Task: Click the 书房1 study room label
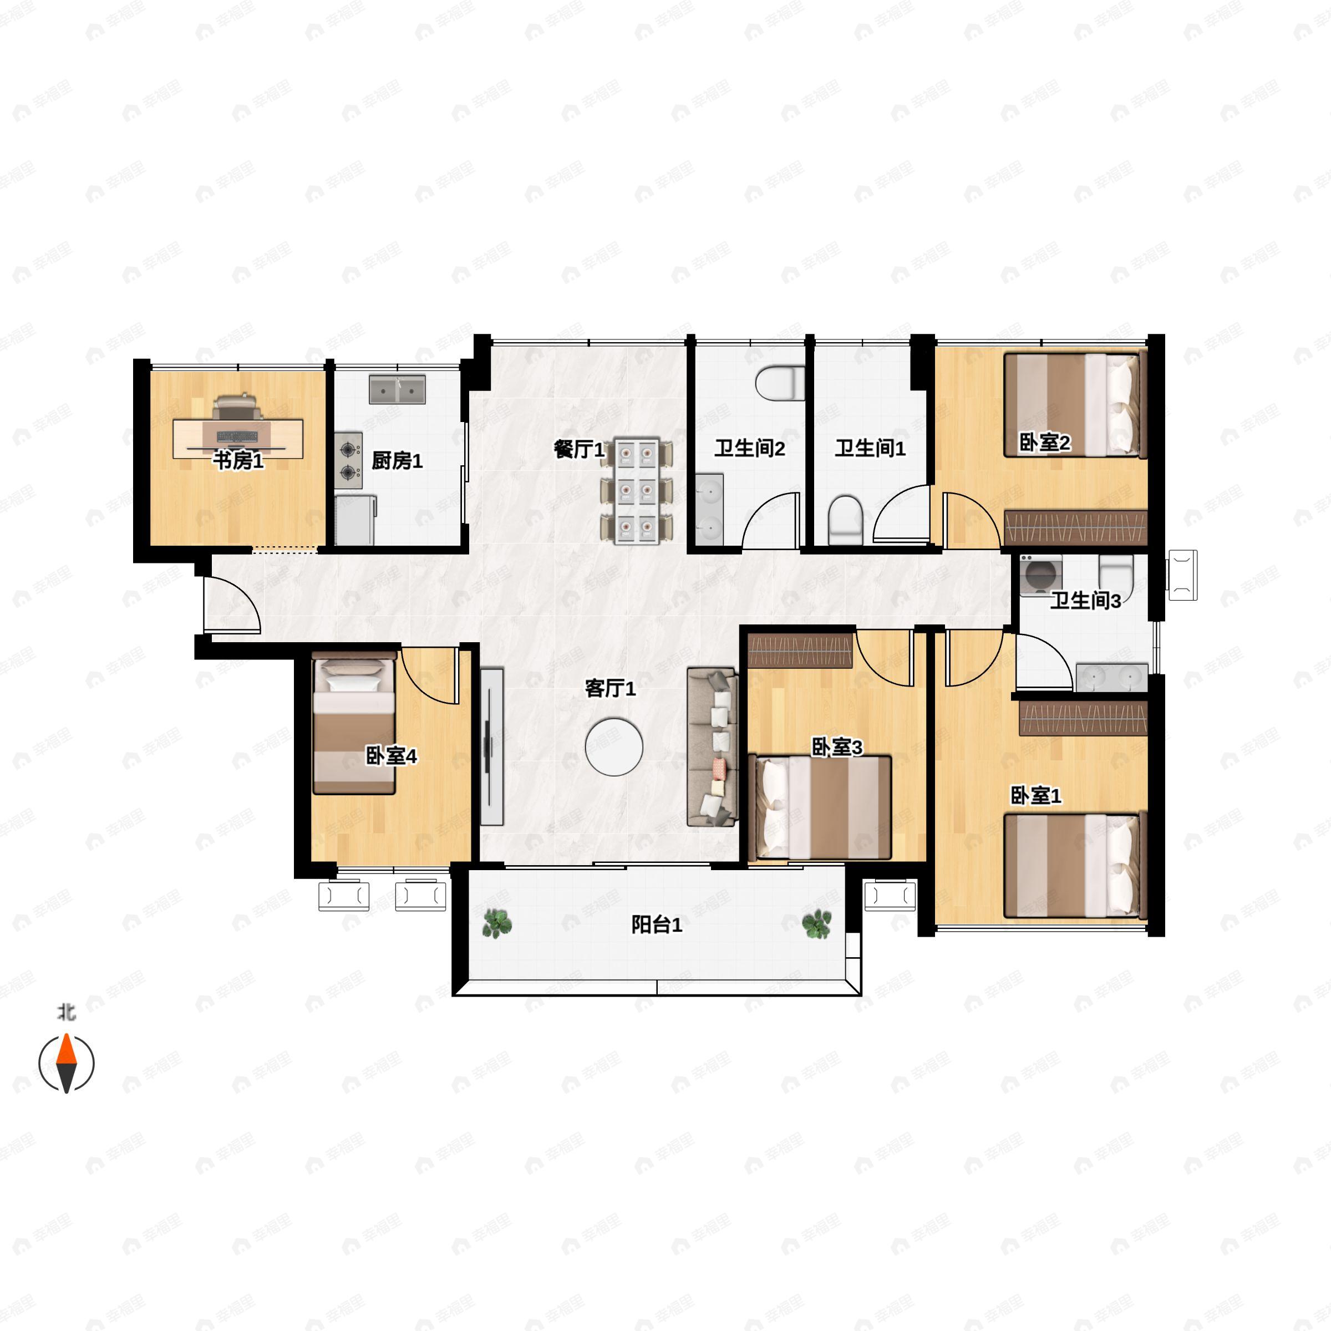coord(238,460)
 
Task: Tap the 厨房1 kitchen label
coord(397,460)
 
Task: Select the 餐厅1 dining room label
coord(578,450)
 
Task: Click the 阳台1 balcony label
coord(657,924)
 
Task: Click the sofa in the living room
coord(712,746)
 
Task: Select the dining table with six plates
coord(637,490)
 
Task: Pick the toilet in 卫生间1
coord(845,518)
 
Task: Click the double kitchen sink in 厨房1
coord(397,389)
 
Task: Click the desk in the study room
coord(238,438)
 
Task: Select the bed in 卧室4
coord(353,725)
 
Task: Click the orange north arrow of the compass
coord(66,1050)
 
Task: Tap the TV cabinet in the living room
coord(491,745)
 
